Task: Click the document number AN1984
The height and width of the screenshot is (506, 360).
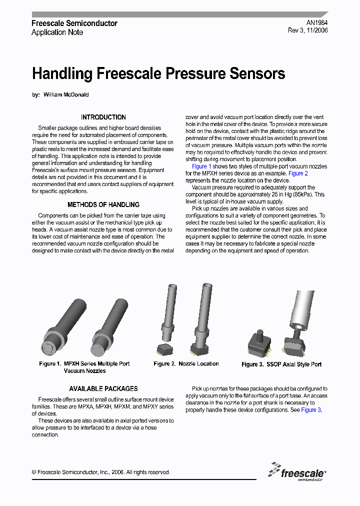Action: pos(317,23)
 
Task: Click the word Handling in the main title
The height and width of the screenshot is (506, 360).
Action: pos(62,74)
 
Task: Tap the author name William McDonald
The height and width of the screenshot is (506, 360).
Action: pos(66,94)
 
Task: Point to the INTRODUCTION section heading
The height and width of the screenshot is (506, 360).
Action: pos(103,117)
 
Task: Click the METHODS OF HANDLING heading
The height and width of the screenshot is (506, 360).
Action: pos(103,204)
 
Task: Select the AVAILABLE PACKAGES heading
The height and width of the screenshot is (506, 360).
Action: pos(103,388)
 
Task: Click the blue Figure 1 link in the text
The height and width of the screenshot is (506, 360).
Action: pos(201,166)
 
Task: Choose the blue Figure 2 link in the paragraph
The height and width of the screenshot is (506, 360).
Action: pos(298,173)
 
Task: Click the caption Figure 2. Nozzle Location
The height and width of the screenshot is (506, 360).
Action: pos(186,363)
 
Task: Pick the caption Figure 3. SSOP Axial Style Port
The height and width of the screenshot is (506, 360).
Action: pos(281,364)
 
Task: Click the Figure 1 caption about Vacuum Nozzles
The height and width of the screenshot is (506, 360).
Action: pos(84,367)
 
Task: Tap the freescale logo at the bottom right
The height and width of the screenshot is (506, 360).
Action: pos(297,472)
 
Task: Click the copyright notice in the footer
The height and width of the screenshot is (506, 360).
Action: pos(100,472)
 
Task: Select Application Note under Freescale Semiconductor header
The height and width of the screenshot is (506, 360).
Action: pos(57,32)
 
